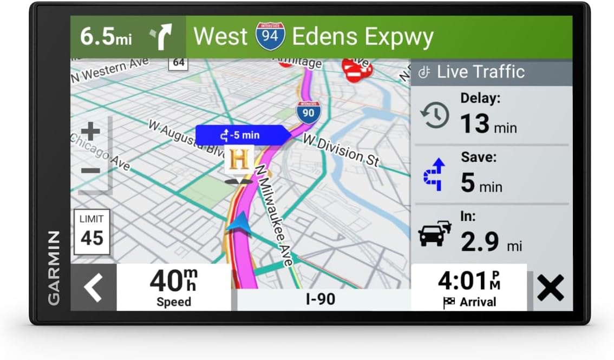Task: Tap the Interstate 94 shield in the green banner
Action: click(270, 36)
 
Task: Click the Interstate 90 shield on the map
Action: click(308, 112)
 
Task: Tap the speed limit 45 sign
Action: click(92, 232)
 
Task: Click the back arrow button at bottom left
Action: click(93, 287)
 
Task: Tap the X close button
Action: click(550, 287)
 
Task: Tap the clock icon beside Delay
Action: click(435, 116)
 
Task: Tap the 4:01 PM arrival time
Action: click(469, 281)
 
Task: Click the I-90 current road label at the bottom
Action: click(321, 299)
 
